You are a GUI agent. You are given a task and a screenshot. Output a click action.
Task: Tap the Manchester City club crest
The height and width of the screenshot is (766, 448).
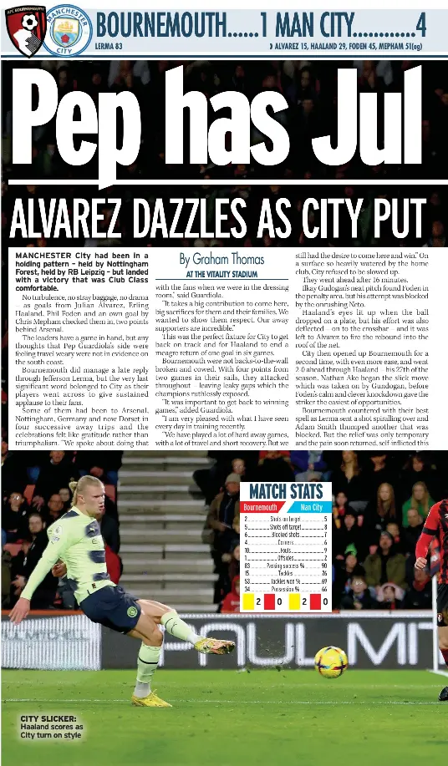pyautogui.click(x=69, y=29)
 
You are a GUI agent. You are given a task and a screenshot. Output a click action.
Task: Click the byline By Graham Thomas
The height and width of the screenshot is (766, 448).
pyautogui.click(x=221, y=259)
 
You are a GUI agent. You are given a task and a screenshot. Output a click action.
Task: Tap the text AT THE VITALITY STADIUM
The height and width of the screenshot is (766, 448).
pyautogui.click(x=221, y=274)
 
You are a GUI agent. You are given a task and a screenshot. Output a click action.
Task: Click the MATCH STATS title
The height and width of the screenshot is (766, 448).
pyautogui.click(x=285, y=491)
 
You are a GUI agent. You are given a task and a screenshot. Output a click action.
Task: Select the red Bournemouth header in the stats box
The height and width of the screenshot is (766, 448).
pyautogui.click(x=260, y=507)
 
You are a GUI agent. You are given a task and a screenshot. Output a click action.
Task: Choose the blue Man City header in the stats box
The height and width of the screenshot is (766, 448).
pyautogui.click(x=311, y=507)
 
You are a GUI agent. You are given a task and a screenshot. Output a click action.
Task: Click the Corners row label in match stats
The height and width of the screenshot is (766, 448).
pyautogui.click(x=285, y=542)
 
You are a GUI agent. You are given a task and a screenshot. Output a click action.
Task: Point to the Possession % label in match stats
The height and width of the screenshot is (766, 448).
pyautogui.click(x=285, y=589)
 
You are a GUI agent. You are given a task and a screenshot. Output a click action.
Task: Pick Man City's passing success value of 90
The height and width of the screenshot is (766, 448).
pyautogui.click(x=323, y=566)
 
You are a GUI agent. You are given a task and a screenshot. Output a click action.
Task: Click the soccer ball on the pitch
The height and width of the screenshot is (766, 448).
pyautogui.click(x=331, y=662)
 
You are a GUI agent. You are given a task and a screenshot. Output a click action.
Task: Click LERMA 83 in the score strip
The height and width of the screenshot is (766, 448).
pyautogui.click(x=109, y=46)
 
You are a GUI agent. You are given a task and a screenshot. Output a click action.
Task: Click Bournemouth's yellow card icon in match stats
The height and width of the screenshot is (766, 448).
pyautogui.click(x=249, y=602)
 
